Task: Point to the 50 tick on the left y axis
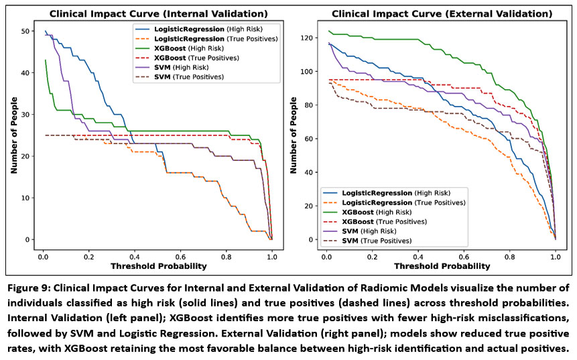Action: [25, 32]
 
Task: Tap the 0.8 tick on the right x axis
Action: [510, 255]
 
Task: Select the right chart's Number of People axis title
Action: [295, 135]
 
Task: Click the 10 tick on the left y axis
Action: [25, 198]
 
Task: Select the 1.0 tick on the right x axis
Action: [556, 255]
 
